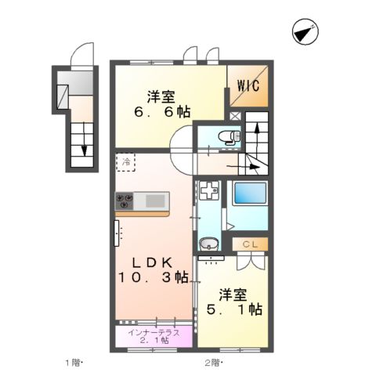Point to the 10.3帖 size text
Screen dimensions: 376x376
[154, 277]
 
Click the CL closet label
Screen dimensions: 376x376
[250, 244]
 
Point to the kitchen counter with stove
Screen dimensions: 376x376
[143, 202]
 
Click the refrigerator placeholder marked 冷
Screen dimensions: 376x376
[126, 162]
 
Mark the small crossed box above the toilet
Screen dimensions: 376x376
[235, 116]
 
